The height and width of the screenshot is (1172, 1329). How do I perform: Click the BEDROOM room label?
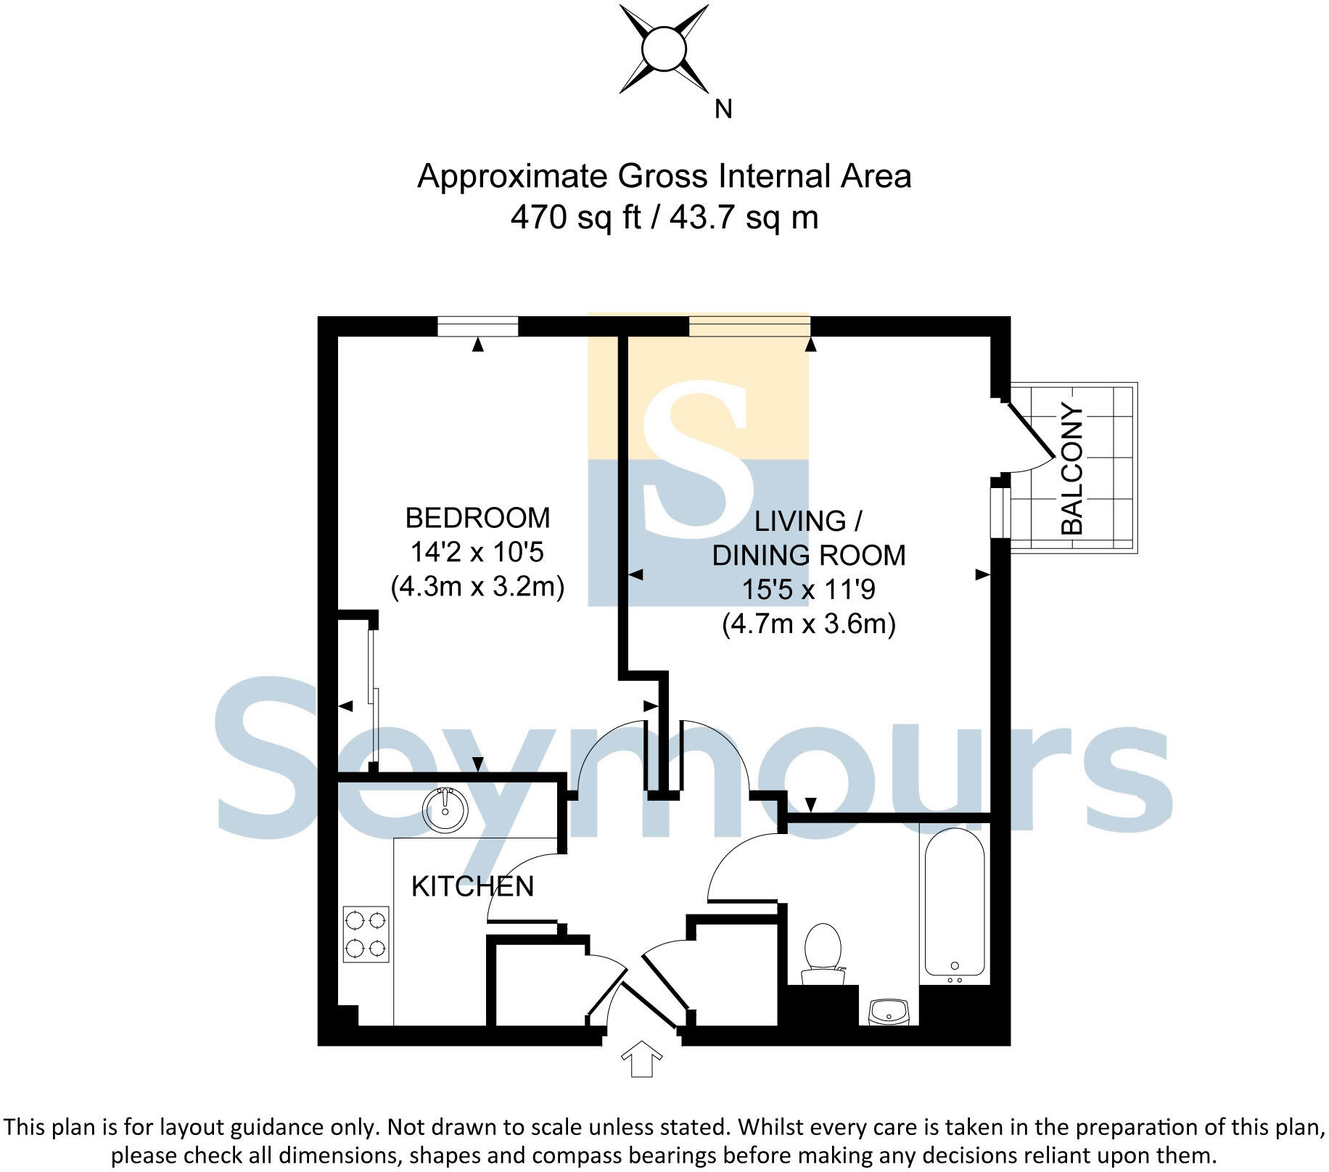(x=477, y=518)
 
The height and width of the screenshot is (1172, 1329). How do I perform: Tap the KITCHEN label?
(x=472, y=886)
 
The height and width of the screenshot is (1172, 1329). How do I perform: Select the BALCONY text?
(x=1071, y=469)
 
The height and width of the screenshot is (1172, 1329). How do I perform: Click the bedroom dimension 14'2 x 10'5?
(x=477, y=553)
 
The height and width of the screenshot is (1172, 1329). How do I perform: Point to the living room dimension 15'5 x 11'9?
(x=808, y=590)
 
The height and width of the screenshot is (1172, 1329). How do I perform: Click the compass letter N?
(x=723, y=110)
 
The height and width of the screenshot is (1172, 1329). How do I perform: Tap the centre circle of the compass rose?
(x=663, y=49)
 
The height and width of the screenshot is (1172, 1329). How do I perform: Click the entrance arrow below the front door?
(x=642, y=1059)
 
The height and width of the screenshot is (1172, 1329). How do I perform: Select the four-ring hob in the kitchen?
(x=366, y=934)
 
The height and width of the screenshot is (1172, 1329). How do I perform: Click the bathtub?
(x=954, y=903)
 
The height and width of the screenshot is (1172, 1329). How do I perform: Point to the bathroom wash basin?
(x=889, y=1011)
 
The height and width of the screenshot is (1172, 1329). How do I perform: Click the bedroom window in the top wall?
(x=477, y=326)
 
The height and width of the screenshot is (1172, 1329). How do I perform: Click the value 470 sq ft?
(x=575, y=217)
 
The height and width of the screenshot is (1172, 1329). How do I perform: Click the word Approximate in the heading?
(x=513, y=176)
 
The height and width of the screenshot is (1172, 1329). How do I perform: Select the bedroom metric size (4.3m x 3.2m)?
(x=477, y=586)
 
